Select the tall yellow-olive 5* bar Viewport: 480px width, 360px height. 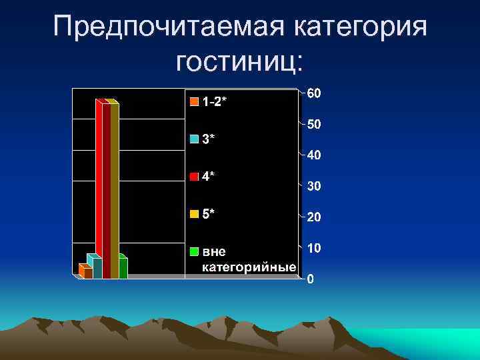click(x=115, y=190)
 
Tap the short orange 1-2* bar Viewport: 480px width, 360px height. click(x=87, y=273)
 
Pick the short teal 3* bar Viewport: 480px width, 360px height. click(x=97, y=267)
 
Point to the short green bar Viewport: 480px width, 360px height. click(x=123, y=267)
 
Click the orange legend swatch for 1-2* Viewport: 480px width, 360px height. click(x=194, y=102)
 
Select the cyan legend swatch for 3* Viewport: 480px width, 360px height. click(x=194, y=139)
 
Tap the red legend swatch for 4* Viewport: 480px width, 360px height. click(x=194, y=177)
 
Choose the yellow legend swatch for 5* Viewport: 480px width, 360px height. click(x=194, y=214)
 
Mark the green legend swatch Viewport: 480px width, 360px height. click(x=194, y=251)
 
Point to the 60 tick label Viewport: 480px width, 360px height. click(x=314, y=93)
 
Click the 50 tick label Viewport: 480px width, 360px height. click(x=314, y=125)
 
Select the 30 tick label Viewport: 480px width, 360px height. click(x=314, y=187)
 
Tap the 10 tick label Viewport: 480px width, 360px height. click(x=314, y=248)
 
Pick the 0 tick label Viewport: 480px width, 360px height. click(x=311, y=279)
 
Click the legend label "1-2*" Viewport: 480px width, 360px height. click(x=215, y=102)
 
